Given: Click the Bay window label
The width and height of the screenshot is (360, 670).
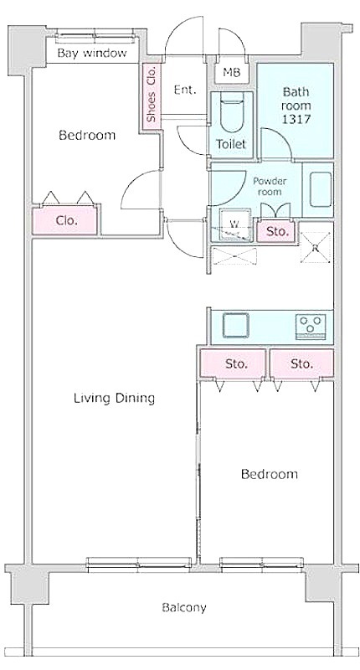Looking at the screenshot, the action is pos(92,53).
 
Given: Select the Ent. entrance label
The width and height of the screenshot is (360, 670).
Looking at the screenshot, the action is pos(185,90).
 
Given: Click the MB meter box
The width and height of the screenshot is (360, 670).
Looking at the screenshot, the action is pos(232,72).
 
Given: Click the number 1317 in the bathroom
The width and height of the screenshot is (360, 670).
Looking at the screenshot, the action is pos(296,119).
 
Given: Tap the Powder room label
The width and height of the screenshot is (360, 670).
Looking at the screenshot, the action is pos(270,186).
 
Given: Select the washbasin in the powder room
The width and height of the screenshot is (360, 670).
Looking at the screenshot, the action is pos(320,189).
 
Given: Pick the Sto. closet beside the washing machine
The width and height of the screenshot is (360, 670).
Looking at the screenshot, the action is pos(276,232).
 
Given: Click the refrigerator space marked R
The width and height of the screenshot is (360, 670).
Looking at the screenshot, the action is pos(315,247).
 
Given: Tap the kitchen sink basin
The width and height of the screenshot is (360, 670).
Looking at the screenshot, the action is pos(236,326).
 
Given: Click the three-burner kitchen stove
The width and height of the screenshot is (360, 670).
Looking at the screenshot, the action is pos(311,327).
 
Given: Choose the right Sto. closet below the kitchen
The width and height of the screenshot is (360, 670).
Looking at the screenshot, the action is pos(301,363).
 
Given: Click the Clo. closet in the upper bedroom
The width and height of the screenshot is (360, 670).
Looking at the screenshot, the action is pos(65,220).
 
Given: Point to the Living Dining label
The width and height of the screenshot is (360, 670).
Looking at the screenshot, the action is pos(114,399).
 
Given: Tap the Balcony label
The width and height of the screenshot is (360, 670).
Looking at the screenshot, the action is pos(184,607).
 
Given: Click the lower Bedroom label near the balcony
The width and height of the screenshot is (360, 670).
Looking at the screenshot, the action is pos(269,474).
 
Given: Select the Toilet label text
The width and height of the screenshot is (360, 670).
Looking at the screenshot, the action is pos(231,144).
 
